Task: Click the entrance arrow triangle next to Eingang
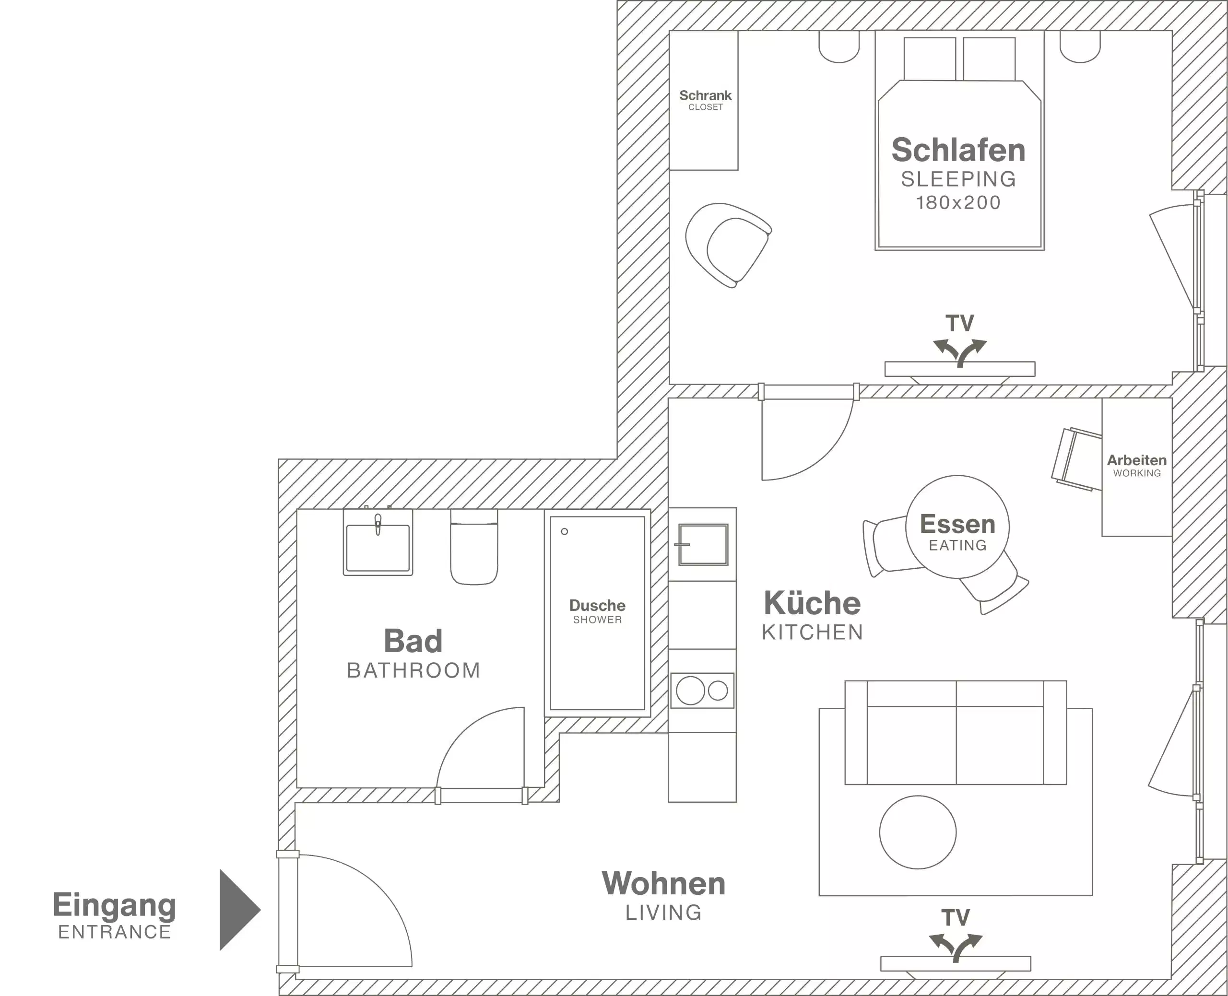(x=237, y=909)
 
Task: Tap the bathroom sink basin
(x=378, y=549)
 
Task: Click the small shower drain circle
(x=564, y=531)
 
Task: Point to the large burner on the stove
(x=690, y=691)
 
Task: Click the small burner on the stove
(x=718, y=691)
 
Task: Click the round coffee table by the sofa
(x=918, y=832)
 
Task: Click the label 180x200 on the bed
(x=958, y=202)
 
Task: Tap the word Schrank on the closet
(x=705, y=95)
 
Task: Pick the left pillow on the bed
(x=930, y=59)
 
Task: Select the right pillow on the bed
(x=989, y=59)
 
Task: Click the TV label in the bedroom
(x=960, y=323)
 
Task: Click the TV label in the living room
(x=956, y=918)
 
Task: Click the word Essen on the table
(x=957, y=524)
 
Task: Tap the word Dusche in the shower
(x=597, y=605)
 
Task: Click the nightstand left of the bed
(x=838, y=46)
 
